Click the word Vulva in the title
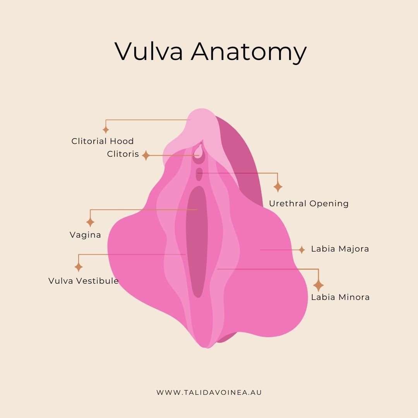pos(149,51)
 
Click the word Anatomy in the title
pos(249,53)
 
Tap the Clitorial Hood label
pos(103,141)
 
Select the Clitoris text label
pos(123,154)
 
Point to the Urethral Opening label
pos(309,204)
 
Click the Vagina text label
pos(85,235)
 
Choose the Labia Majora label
pos(340,249)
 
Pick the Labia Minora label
pos(341,297)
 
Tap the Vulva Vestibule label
pos(84,281)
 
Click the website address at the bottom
pos(209,392)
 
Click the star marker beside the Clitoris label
pos(146,155)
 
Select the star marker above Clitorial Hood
pos(106,130)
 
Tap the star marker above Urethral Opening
pos(278,186)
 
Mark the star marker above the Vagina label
pos(90,222)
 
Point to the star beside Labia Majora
pos(302,250)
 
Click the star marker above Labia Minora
pos(318,285)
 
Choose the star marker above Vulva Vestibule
pos(79,267)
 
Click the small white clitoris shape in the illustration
pos(198,151)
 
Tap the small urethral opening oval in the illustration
pos(199,174)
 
